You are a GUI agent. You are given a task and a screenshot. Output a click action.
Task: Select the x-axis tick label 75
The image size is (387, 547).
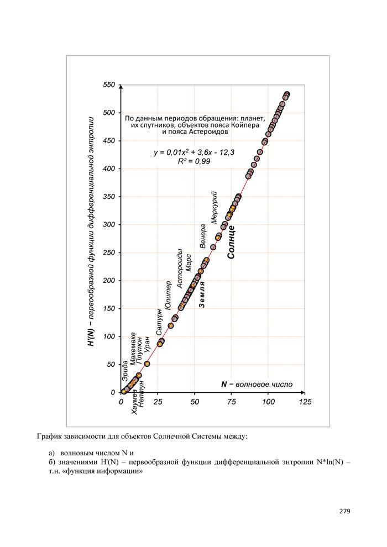tap(232, 402)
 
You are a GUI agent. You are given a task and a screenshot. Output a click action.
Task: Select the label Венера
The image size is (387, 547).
tap(203, 236)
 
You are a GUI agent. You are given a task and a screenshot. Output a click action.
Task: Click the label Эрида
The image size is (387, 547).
tap(125, 371)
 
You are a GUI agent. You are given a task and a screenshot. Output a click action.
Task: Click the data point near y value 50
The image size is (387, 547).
tap(147, 364)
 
